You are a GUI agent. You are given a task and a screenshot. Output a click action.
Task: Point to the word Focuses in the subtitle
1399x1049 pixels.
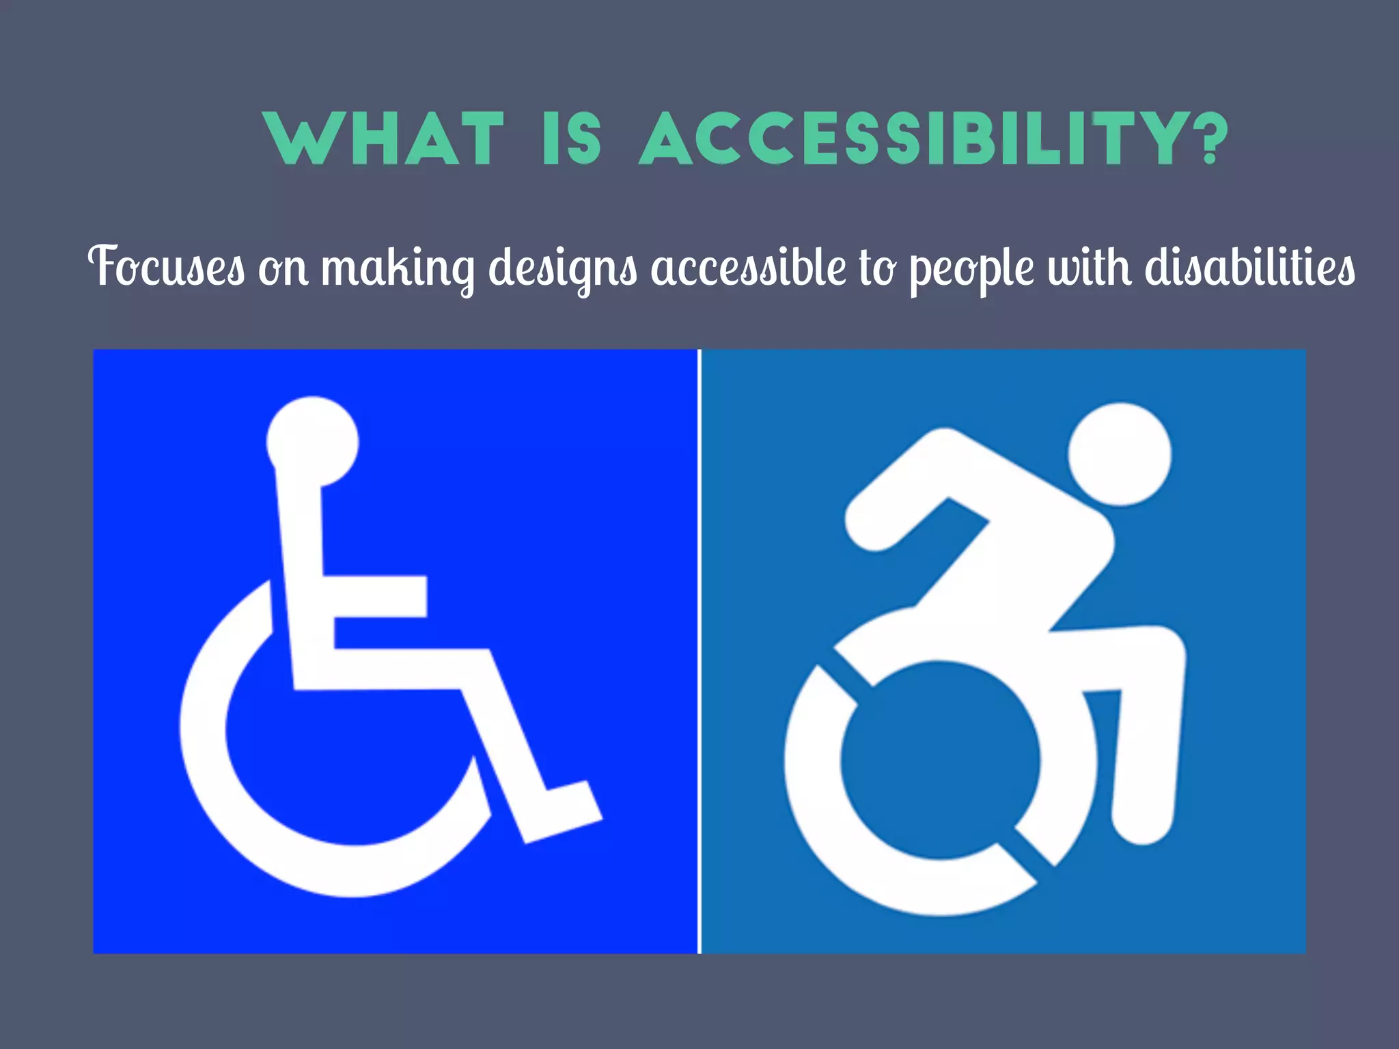[x=167, y=266]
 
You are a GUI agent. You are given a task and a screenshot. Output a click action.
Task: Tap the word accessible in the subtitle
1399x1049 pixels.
[x=748, y=266]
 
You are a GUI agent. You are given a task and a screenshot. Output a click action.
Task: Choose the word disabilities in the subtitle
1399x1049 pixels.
[x=1250, y=266]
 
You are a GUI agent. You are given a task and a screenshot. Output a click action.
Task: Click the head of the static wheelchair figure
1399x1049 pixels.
[x=312, y=441]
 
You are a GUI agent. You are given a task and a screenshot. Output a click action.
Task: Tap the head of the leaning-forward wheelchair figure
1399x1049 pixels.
[x=1120, y=454]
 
